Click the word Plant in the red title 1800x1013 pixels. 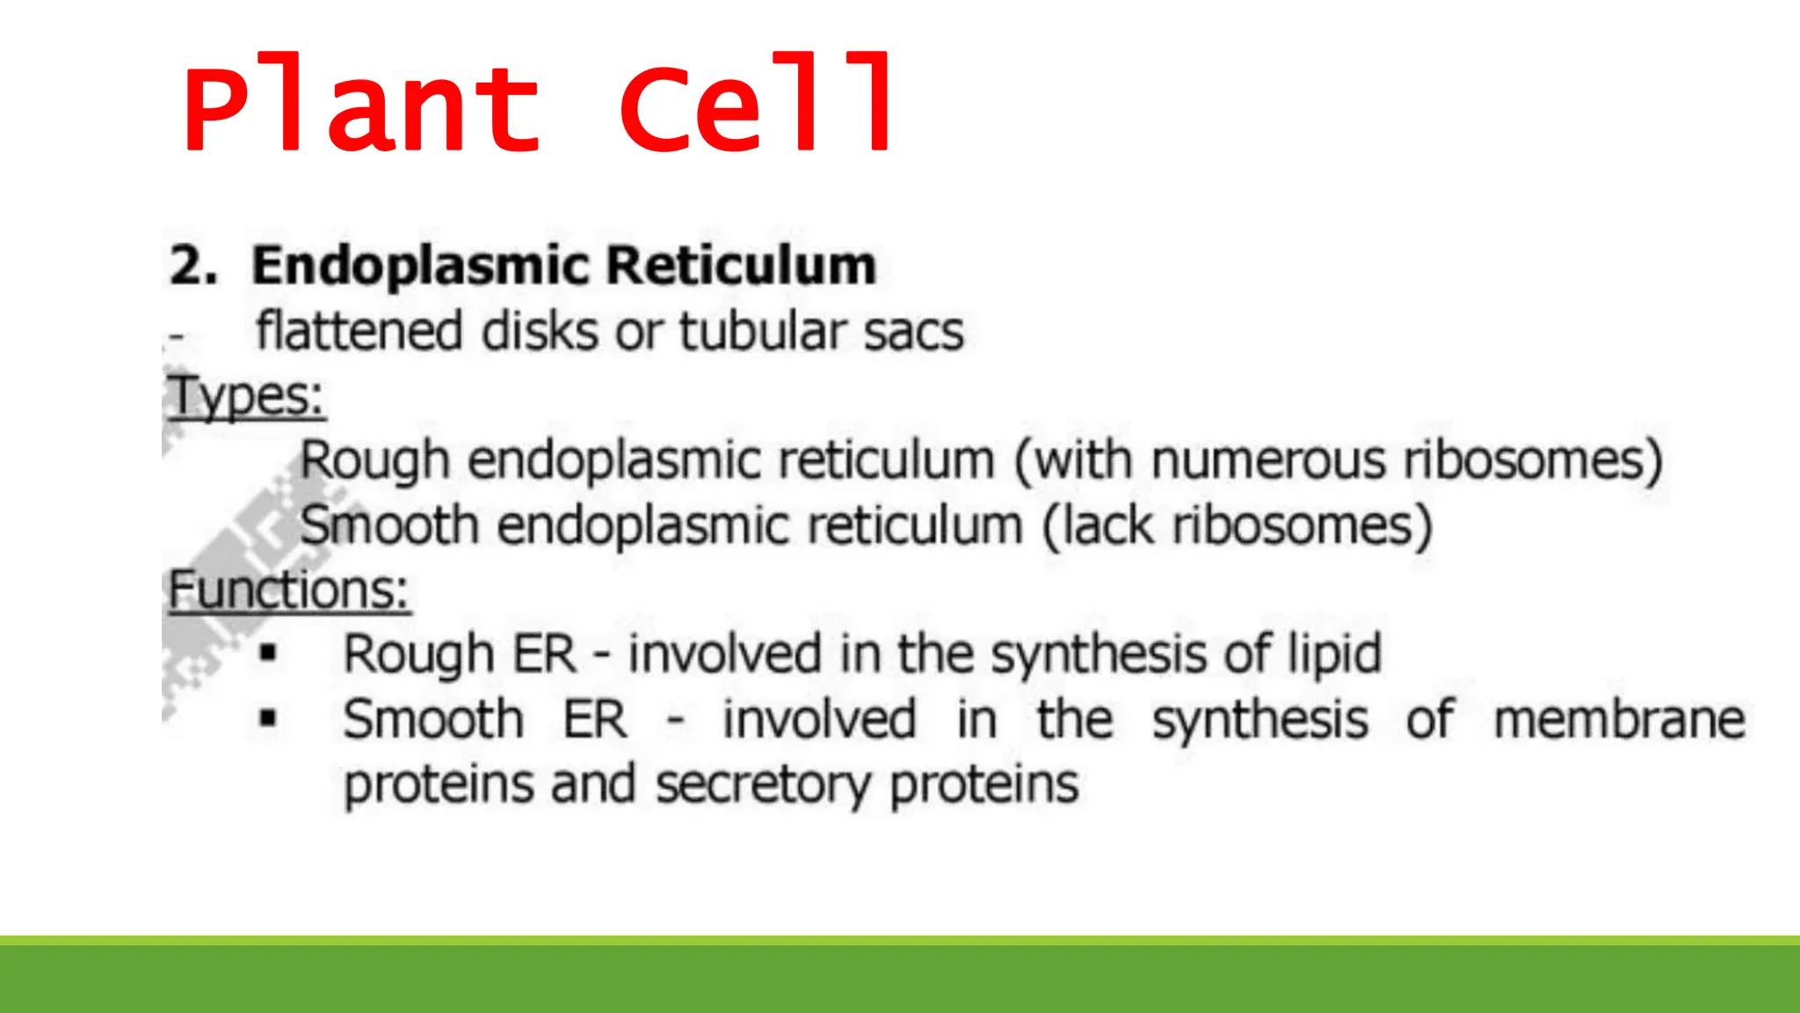point(360,106)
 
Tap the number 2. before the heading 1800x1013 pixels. point(192,265)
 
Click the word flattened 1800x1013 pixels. point(359,332)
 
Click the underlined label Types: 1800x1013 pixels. point(246,397)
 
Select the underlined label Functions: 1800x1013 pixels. point(288,590)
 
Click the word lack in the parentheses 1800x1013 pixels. point(1107,526)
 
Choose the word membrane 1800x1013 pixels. point(1619,719)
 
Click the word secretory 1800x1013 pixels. point(763,784)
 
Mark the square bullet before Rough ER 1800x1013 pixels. point(268,653)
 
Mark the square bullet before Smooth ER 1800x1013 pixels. point(268,718)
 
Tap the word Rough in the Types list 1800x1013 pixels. point(374,462)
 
